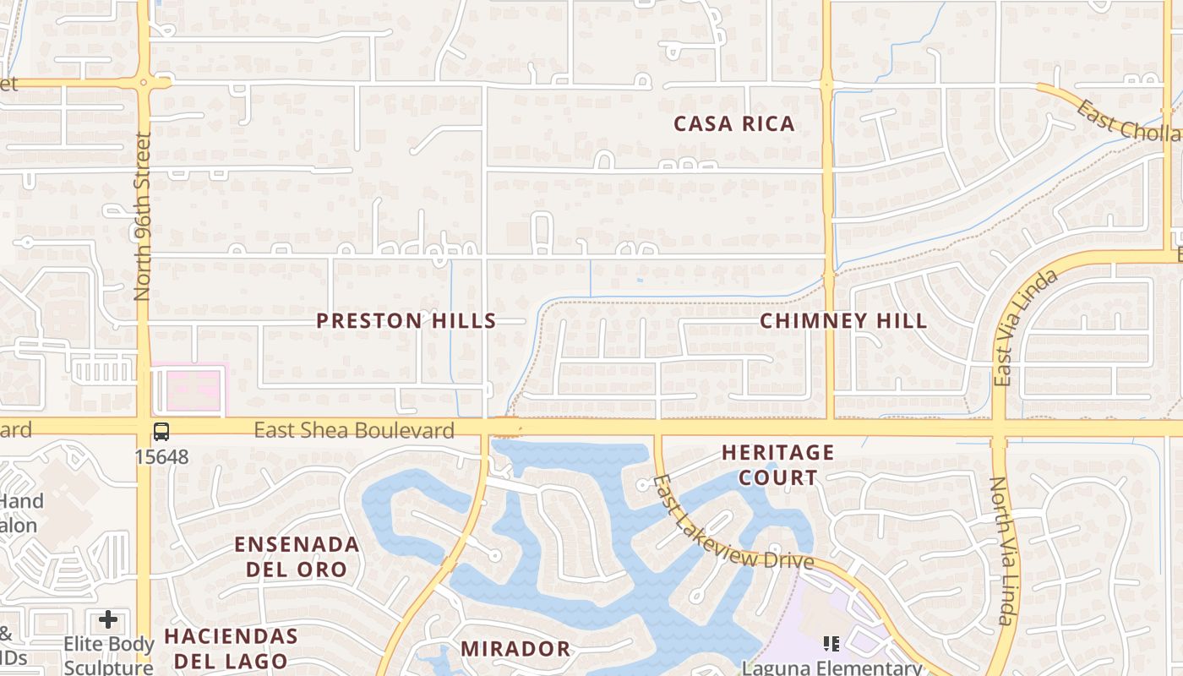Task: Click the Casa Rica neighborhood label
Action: [733, 124]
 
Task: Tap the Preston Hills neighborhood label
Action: [406, 321]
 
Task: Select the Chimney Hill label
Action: [842, 321]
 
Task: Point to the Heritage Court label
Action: [777, 465]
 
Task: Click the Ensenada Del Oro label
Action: [297, 556]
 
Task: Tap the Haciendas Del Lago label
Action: [231, 647]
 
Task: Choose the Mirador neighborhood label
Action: [515, 649]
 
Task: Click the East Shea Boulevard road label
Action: [354, 431]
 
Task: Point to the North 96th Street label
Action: [142, 215]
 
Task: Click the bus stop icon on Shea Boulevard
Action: [161, 432]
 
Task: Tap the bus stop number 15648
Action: [161, 457]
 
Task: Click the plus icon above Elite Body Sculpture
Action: [108, 620]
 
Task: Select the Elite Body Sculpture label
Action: [109, 655]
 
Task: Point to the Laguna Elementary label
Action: [831, 668]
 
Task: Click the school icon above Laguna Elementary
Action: [831, 645]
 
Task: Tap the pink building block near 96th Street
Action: [189, 390]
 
